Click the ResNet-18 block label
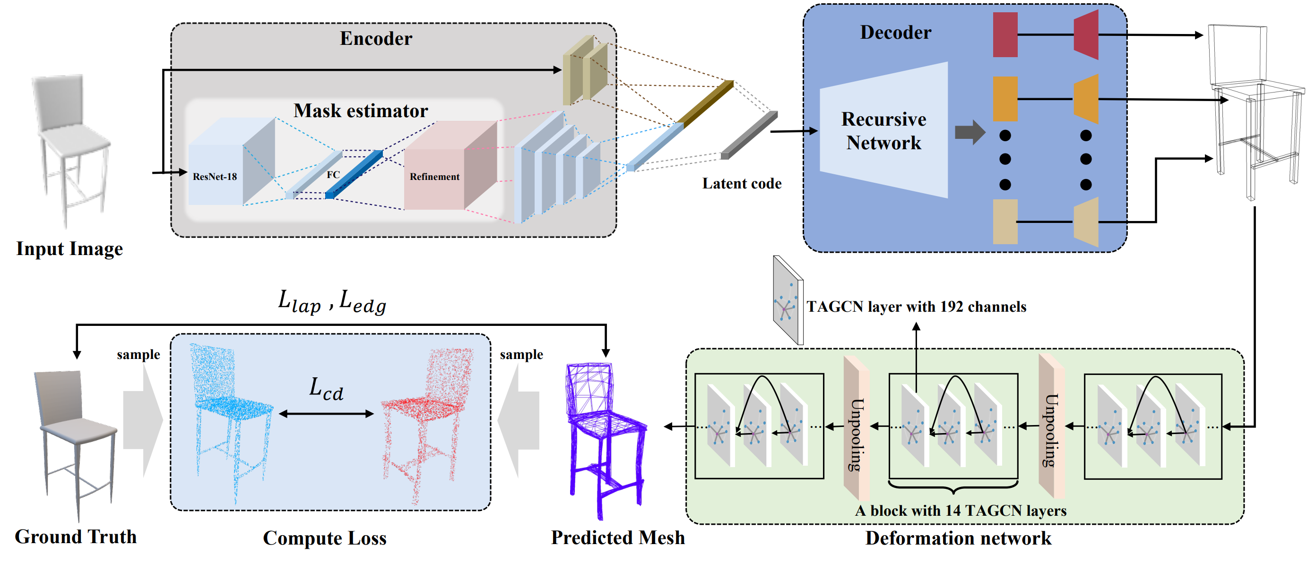coord(215,177)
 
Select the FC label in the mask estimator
coord(333,175)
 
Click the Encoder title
coord(375,39)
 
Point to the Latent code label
coord(741,183)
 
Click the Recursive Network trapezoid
coord(884,131)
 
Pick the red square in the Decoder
coord(1005,34)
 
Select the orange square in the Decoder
coord(1005,99)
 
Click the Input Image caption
coord(69,248)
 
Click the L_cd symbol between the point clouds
coord(326,389)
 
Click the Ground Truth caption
coord(76,537)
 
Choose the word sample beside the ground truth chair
coord(138,354)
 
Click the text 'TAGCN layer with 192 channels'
coord(916,307)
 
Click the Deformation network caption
coord(958,538)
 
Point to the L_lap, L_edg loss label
coord(332,302)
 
